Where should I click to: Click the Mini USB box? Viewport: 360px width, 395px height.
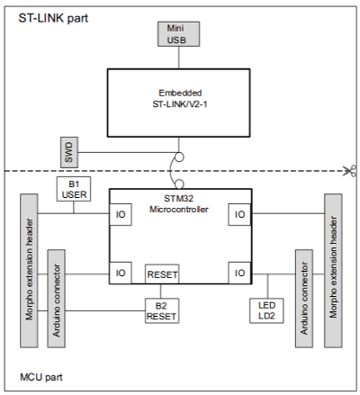click(x=178, y=34)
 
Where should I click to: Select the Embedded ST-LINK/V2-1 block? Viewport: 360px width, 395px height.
click(x=178, y=103)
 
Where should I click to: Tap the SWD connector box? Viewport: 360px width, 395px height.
click(x=69, y=152)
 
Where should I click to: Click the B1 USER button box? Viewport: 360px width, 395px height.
click(x=74, y=189)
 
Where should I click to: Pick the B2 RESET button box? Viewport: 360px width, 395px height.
click(x=162, y=310)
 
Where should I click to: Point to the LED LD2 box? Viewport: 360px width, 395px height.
click(x=266, y=310)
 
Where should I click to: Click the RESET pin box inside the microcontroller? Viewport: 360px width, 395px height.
click(x=162, y=274)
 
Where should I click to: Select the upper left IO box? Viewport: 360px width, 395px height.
click(x=121, y=214)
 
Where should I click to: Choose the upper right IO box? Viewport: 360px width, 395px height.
click(x=239, y=214)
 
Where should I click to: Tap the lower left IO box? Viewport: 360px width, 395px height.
click(x=121, y=273)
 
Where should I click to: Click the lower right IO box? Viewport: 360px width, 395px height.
click(x=239, y=273)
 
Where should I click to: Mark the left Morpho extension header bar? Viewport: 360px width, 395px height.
click(x=29, y=271)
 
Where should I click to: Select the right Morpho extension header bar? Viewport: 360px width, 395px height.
click(x=333, y=271)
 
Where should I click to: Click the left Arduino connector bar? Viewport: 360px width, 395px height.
click(x=57, y=299)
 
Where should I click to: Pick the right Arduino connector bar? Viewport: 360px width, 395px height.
click(x=304, y=299)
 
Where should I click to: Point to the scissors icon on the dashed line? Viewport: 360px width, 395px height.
click(x=351, y=171)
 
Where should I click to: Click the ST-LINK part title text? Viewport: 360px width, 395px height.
click(x=53, y=18)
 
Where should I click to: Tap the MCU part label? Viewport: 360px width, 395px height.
click(x=41, y=377)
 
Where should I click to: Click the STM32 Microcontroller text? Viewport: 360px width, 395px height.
click(x=179, y=203)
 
